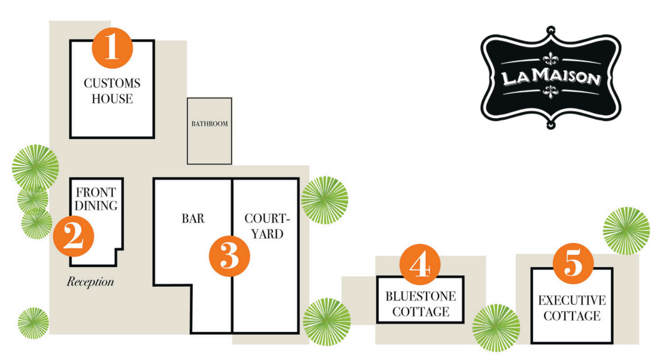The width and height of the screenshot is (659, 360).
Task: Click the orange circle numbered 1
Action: (x=113, y=48)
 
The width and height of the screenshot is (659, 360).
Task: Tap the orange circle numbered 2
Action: (x=74, y=236)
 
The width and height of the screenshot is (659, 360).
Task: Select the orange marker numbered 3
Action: (x=229, y=256)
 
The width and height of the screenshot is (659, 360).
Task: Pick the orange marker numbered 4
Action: (x=420, y=265)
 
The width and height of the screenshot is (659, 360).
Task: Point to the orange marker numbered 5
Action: (x=573, y=264)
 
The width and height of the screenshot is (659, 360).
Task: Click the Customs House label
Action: (x=112, y=91)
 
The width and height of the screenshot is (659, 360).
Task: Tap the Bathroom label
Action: (x=210, y=123)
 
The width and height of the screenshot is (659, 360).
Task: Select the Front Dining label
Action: (x=96, y=199)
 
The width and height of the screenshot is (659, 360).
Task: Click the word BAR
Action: (x=193, y=218)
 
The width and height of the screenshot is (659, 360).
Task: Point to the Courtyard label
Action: (x=267, y=226)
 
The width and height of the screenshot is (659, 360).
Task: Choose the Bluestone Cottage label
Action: (x=421, y=304)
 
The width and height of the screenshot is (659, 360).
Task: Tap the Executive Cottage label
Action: (x=572, y=308)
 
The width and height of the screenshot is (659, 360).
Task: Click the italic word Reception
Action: (x=90, y=282)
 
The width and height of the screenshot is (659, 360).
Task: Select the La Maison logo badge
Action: (x=551, y=78)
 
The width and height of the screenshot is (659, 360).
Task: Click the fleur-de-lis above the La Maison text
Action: (x=551, y=58)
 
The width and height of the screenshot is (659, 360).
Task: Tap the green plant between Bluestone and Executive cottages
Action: (x=496, y=328)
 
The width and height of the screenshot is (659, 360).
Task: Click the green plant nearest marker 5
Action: (x=626, y=230)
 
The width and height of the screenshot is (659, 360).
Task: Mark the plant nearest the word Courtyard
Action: (x=324, y=200)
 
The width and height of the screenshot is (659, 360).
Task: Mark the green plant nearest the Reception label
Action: (x=33, y=323)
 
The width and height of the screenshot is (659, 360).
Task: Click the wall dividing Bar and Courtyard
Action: (x=232, y=256)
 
